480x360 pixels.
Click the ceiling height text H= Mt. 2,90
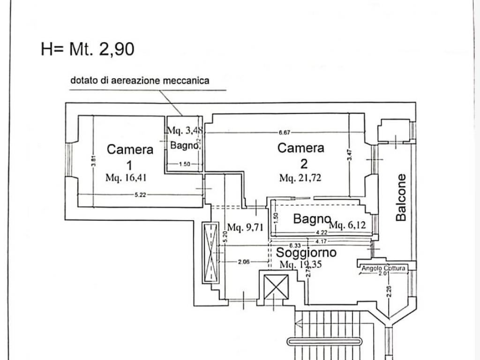coord(88,49)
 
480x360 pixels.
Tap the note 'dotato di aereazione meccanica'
coord(140,80)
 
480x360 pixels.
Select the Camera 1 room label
coord(130,157)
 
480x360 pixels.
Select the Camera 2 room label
coord(301,155)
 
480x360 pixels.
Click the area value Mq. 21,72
coord(300,178)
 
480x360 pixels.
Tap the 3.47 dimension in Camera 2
coord(349,155)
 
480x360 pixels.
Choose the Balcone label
coord(401,197)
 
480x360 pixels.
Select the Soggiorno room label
coord(306,253)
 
